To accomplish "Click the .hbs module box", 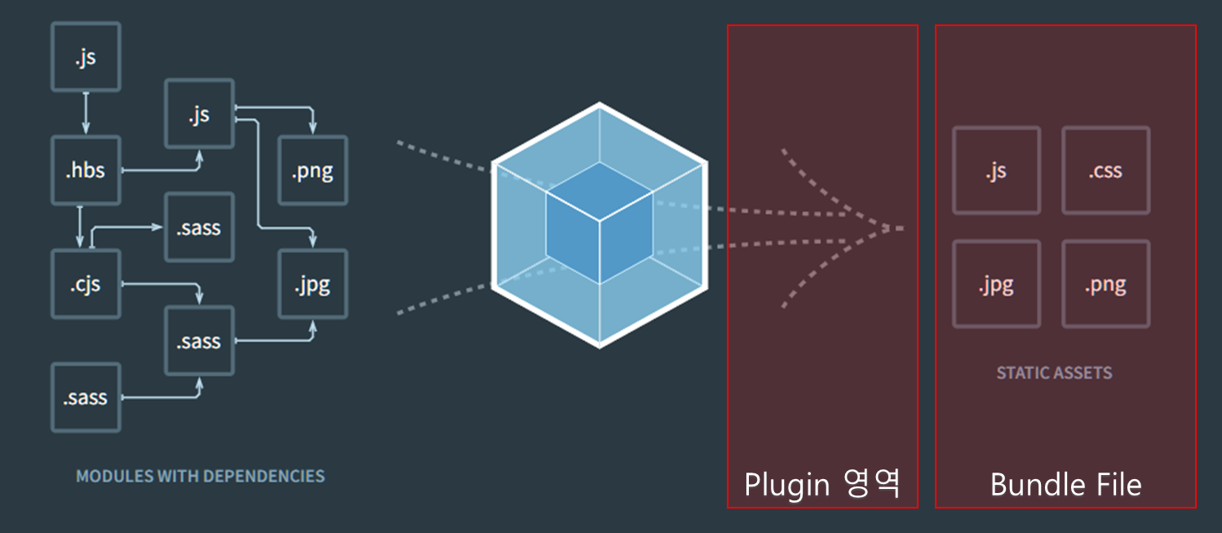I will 86,171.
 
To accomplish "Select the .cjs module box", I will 86,284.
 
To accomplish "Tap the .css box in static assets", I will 1105,171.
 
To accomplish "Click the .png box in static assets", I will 1105,284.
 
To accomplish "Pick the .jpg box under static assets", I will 996,284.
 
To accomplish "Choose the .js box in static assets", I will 996,171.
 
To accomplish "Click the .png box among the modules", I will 313,171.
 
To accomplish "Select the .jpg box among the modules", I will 313,284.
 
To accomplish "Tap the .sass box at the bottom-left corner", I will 86,398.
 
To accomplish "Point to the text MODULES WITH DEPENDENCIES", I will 200,476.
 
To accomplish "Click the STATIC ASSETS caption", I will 1054,373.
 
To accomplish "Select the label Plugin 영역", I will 822,484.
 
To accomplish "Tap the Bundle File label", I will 1065,485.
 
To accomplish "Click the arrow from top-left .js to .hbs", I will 86,113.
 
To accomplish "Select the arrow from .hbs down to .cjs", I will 80,226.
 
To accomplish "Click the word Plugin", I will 786,485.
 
